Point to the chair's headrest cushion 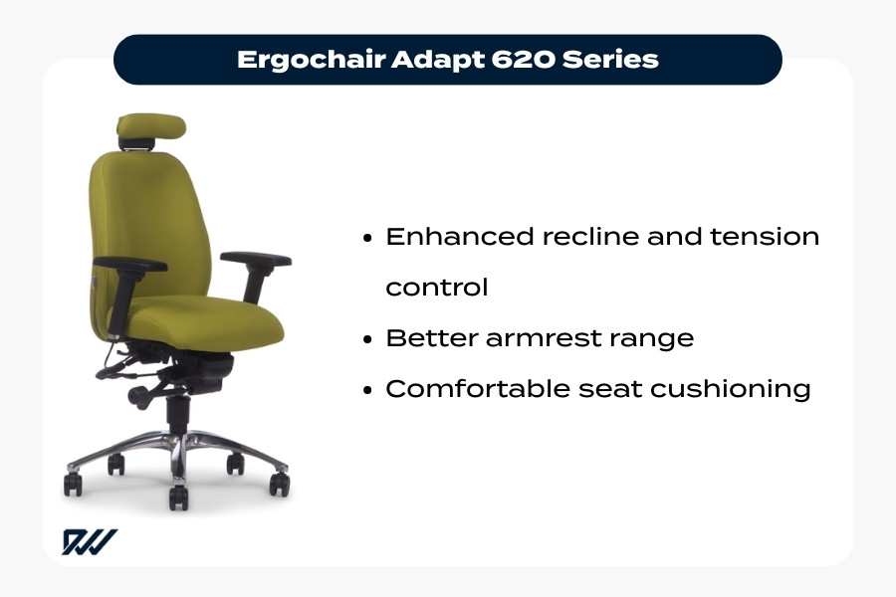click(x=151, y=126)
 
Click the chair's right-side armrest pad click(x=256, y=260)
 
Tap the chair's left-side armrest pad click(x=129, y=264)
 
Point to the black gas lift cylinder click(x=177, y=412)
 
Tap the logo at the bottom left click(x=90, y=542)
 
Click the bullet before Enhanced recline click(x=367, y=238)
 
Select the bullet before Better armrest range click(x=367, y=338)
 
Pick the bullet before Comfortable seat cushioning click(x=367, y=389)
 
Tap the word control click(x=437, y=288)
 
